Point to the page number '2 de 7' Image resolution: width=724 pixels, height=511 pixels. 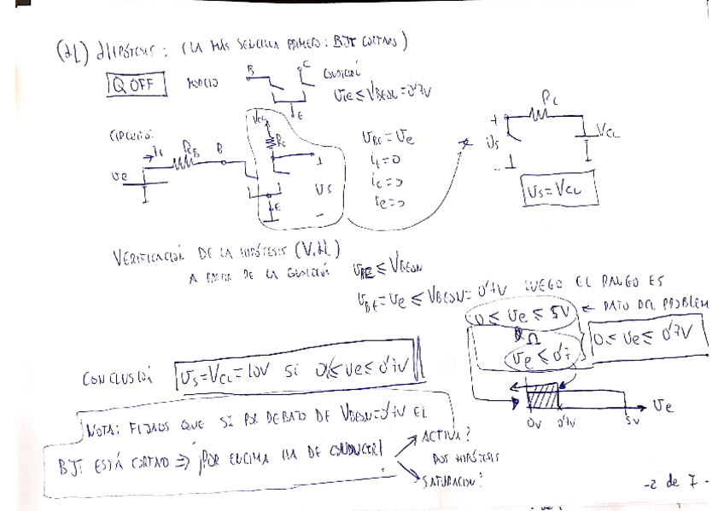point(675,483)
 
